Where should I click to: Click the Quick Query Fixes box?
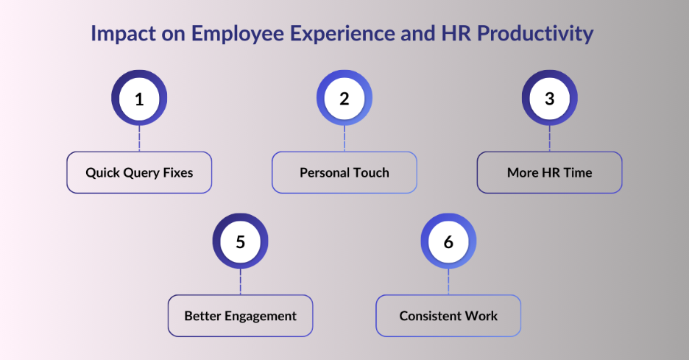point(139,173)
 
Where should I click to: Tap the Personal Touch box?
point(344,173)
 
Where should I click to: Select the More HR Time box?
point(549,173)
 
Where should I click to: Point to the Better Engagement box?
point(240,316)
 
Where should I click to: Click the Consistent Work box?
point(448,316)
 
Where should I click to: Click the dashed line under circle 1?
point(139,139)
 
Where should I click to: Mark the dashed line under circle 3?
point(549,139)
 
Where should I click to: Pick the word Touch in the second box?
point(370,173)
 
